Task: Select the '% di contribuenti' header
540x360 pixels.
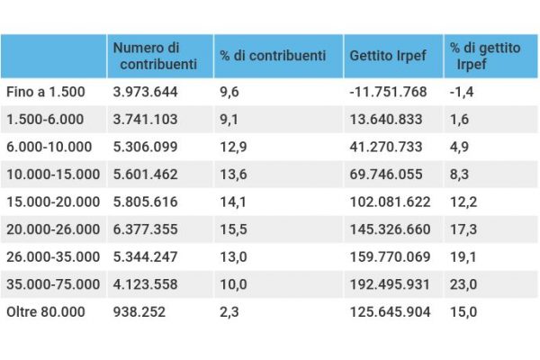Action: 273,56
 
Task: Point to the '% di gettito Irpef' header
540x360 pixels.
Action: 486,57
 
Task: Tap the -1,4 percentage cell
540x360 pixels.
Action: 463,92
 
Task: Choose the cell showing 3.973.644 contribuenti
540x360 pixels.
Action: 145,92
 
